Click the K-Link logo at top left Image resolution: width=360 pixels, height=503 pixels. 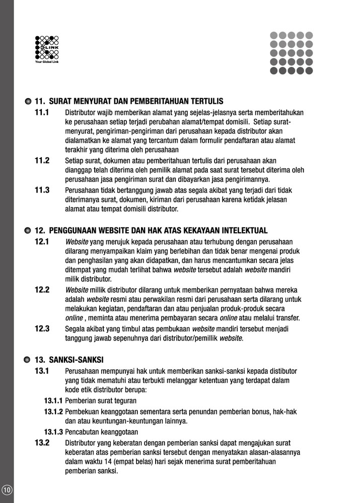(47, 48)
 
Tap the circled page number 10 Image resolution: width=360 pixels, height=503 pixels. (7, 490)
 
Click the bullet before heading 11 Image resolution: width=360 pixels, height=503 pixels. (28, 101)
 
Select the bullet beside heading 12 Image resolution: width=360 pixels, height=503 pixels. (28, 231)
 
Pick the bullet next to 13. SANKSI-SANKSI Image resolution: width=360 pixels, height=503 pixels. (28, 360)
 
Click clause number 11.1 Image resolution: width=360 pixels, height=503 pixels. (42, 112)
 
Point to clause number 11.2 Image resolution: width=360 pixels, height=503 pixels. (42, 160)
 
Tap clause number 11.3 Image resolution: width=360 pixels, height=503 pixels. (42, 190)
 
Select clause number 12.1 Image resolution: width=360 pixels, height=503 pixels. (42, 241)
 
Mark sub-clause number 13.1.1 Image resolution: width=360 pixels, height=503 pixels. (53, 401)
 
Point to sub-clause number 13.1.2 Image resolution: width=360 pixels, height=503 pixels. (53, 411)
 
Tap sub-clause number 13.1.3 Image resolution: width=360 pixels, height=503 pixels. (53, 432)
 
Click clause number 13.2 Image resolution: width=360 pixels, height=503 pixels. (42, 443)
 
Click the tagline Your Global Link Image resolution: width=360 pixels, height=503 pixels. (47, 62)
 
